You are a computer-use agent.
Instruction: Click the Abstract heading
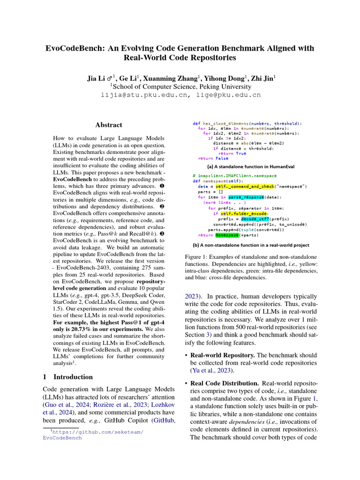click(x=109, y=125)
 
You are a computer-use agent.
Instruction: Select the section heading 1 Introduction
click(x=68, y=377)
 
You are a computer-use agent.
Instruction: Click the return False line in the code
click(x=213, y=158)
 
